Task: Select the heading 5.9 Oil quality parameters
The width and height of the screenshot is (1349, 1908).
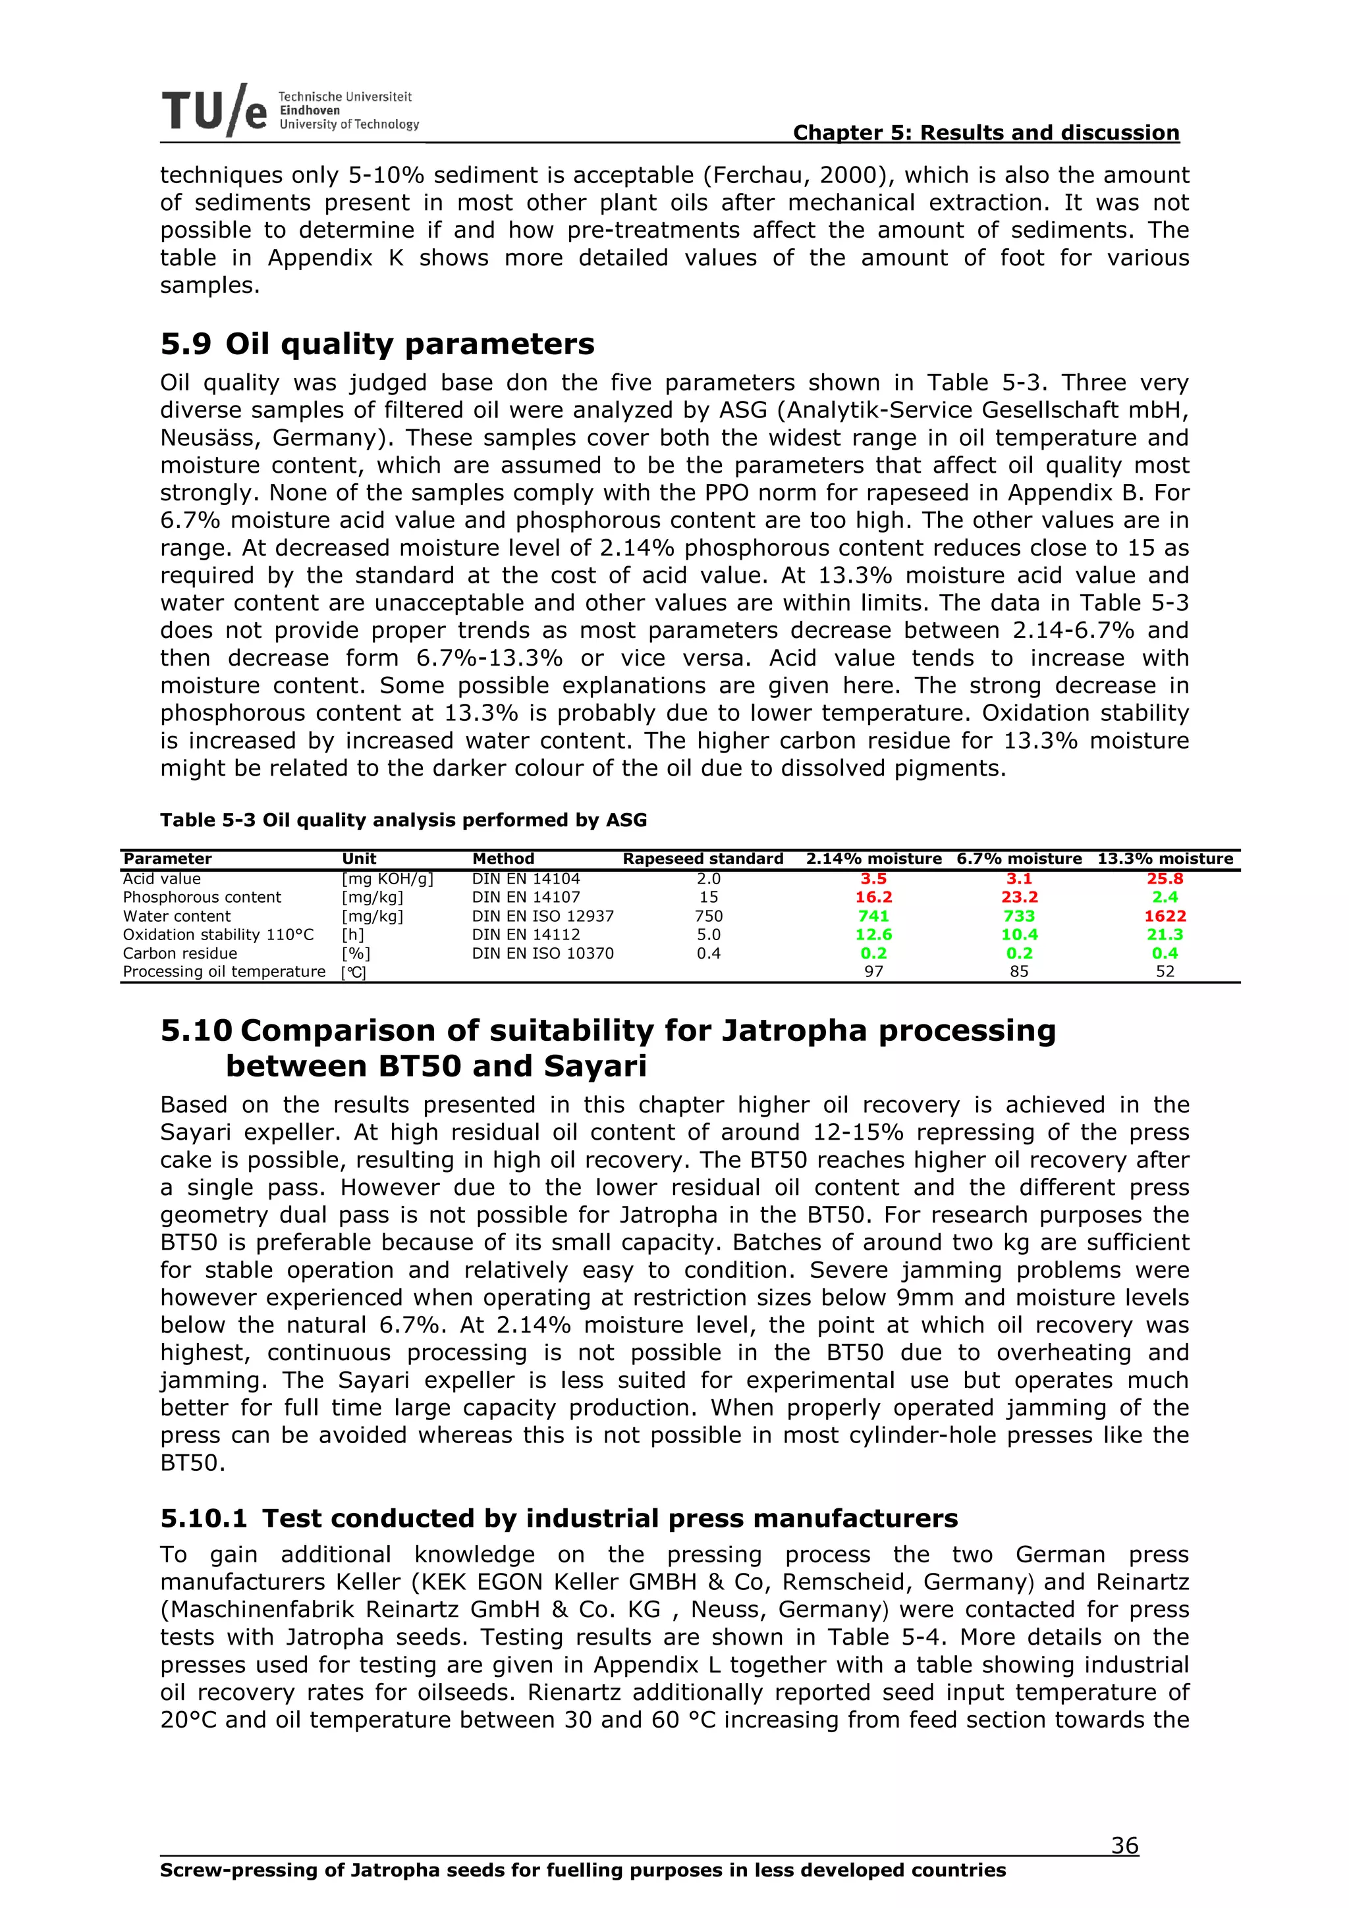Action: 377,344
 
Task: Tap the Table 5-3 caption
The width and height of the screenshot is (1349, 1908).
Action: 403,820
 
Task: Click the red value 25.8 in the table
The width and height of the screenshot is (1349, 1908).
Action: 1165,878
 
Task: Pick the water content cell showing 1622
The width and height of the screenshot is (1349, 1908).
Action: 1165,916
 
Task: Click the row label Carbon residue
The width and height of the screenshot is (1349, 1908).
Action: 180,953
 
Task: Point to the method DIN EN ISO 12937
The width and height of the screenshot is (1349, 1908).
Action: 543,916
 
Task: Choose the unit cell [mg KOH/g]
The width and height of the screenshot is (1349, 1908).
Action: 387,878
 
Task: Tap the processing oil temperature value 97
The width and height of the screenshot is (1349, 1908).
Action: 873,972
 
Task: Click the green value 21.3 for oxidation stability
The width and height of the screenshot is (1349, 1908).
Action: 1165,934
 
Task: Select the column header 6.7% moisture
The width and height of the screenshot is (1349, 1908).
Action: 1019,859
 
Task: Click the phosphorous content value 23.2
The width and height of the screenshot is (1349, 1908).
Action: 1019,897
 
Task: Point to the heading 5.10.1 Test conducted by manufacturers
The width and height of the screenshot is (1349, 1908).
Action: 559,1518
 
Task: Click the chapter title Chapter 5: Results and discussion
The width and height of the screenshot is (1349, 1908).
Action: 986,132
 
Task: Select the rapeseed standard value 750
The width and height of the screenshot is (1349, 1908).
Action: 708,916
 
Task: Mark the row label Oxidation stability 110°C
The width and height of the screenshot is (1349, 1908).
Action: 218,934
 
